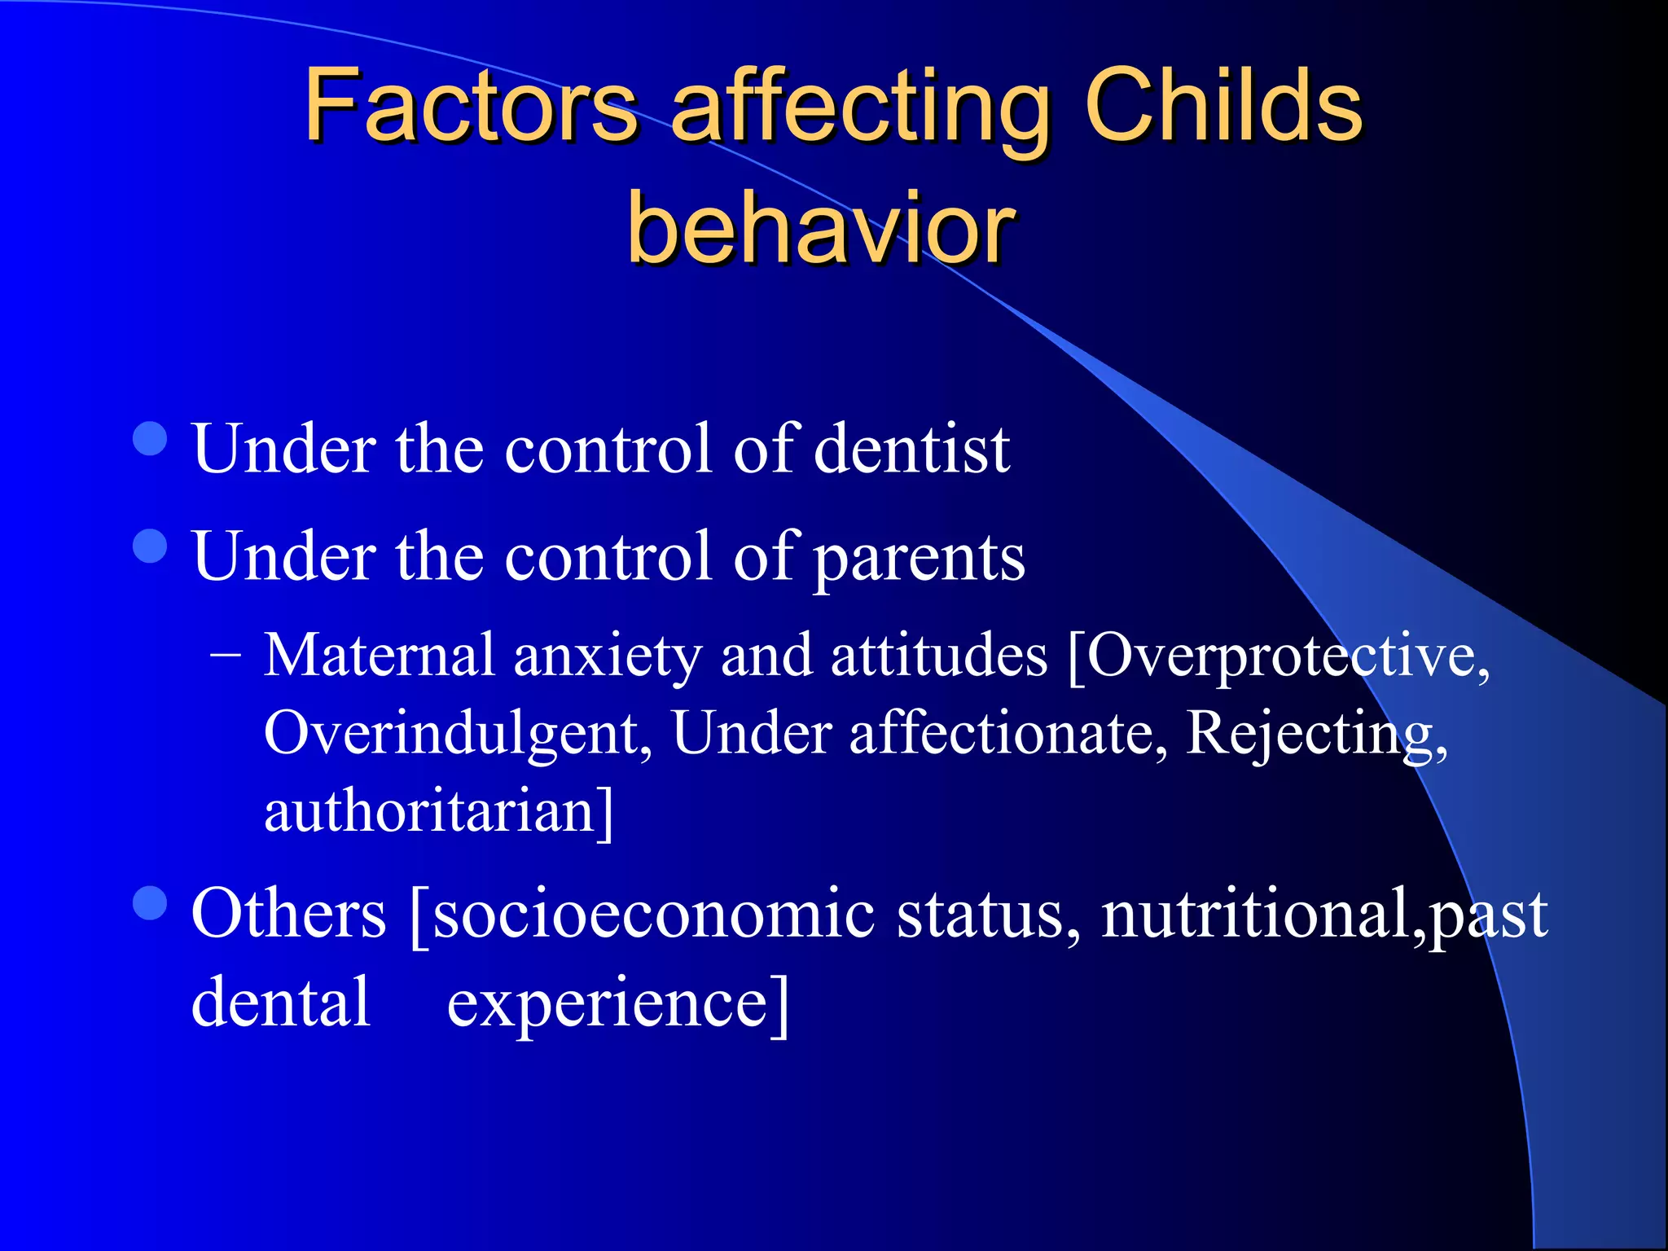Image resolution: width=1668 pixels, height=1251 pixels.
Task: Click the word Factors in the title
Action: pos(471,106)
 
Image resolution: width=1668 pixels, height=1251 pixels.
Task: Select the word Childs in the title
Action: pos(1223,106)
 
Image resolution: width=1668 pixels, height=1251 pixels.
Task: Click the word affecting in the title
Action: pos(860,110)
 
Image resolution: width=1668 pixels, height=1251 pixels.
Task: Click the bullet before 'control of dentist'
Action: pos(150,439)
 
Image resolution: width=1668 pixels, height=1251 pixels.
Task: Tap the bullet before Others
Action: pos(150,902)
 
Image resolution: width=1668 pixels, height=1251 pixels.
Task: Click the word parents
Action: pos(920,558)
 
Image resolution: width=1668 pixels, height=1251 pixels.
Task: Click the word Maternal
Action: pos(380,656)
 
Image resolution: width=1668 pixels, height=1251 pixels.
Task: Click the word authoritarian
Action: pos(438,812)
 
